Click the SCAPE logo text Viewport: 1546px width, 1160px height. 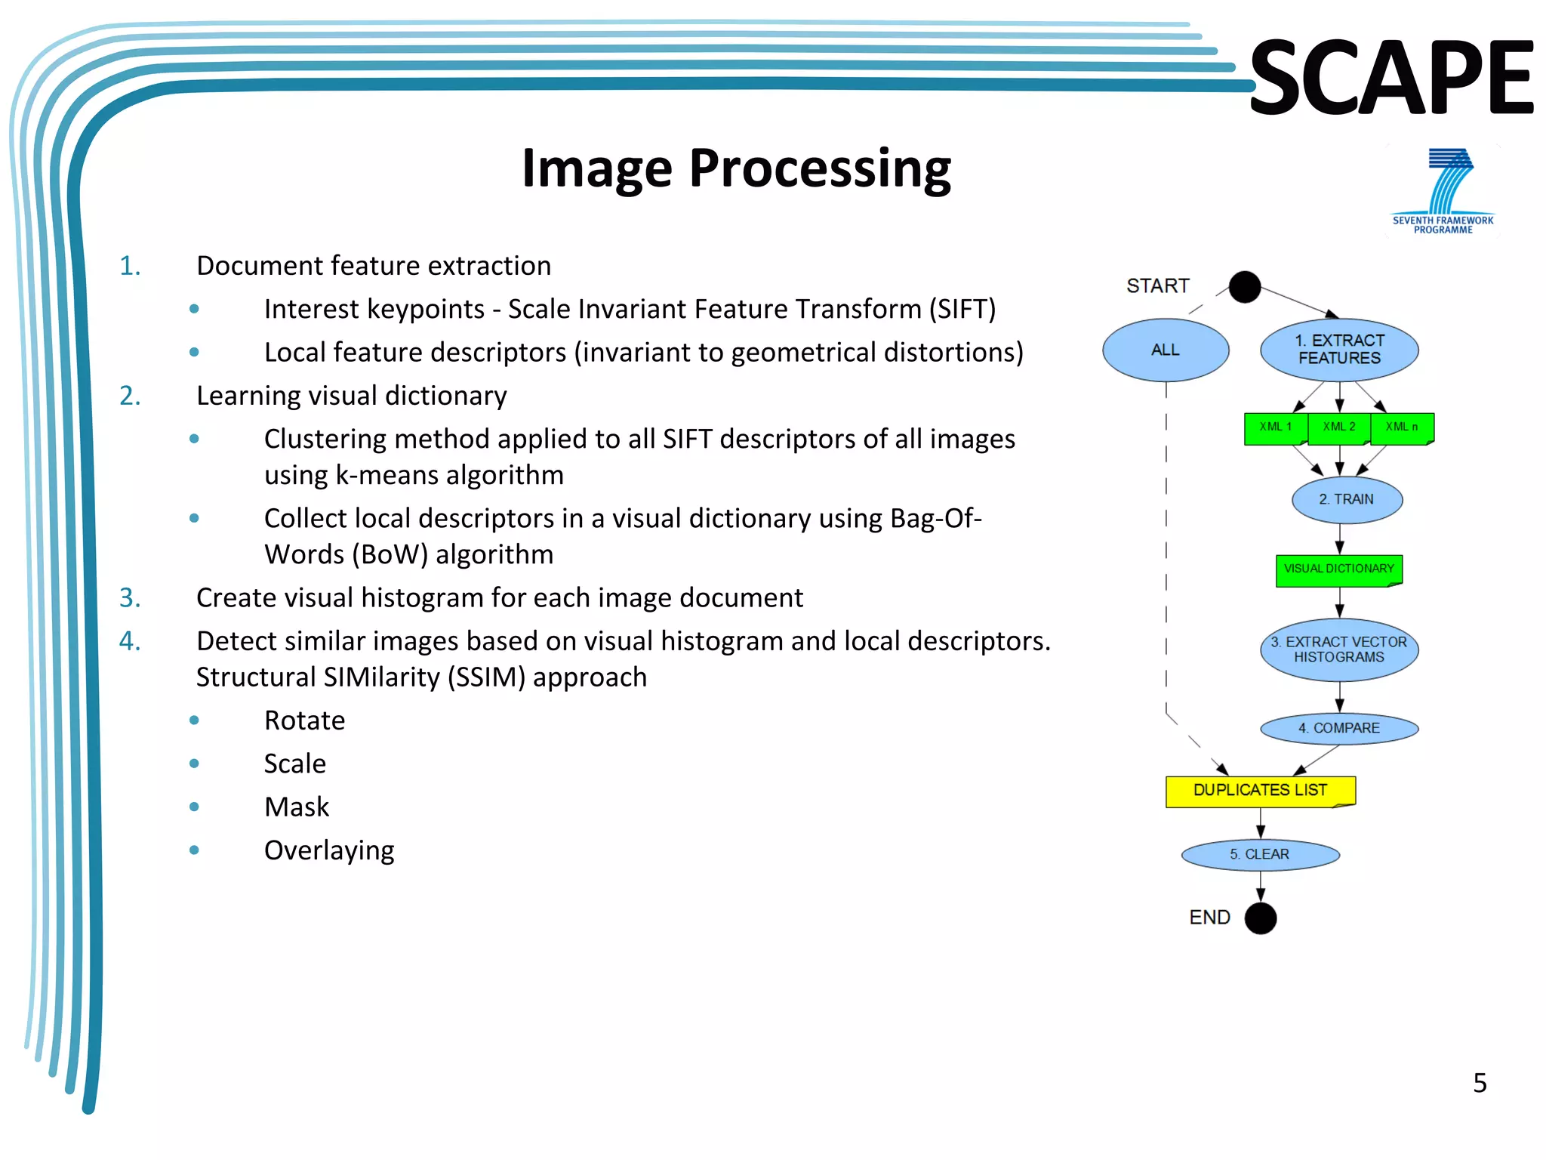point(1391,78)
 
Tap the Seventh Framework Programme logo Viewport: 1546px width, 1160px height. point(1443,191)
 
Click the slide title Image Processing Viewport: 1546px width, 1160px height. point(736,168)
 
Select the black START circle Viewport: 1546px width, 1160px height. point(1244,287)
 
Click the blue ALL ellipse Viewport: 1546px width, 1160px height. point(1166,350)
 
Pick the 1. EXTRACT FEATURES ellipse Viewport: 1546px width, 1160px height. point(1339,350)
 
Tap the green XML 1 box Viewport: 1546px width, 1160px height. point(1275,427)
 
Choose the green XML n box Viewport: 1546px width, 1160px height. point(1402,427)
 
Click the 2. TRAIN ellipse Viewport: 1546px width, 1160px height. point(1347,499)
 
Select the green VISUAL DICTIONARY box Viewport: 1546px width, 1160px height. point(1338,569)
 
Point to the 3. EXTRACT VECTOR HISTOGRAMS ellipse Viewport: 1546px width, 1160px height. point(1339,649)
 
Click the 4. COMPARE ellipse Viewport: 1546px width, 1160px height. point(1339,728)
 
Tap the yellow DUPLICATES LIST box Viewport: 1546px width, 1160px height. point(1260,791)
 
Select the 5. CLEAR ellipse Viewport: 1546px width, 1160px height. point(1260,854)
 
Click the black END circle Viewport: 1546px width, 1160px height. point(1260,918)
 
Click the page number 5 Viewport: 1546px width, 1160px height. point(1480,1083)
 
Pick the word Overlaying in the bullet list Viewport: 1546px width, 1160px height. point(329,850)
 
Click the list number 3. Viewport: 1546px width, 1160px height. point(130,597)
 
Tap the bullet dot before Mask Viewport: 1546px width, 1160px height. point(194,807)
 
